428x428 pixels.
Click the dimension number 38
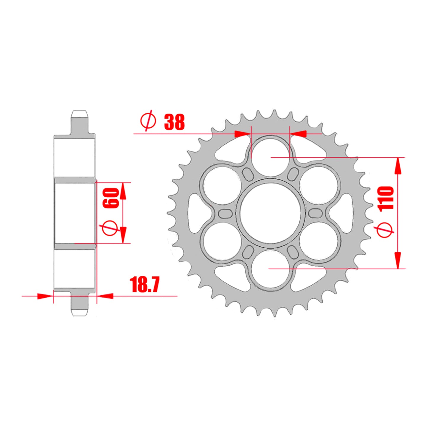[174, 122]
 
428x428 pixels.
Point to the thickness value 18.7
[145, 285]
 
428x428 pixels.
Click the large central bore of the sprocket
[270, 213]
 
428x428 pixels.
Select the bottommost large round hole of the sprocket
[270, 270]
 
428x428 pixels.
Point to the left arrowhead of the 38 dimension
[241, 134]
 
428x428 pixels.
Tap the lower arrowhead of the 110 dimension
[398, 261]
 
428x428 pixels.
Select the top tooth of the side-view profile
[80, 121]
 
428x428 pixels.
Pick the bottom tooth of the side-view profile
[80, 305]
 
